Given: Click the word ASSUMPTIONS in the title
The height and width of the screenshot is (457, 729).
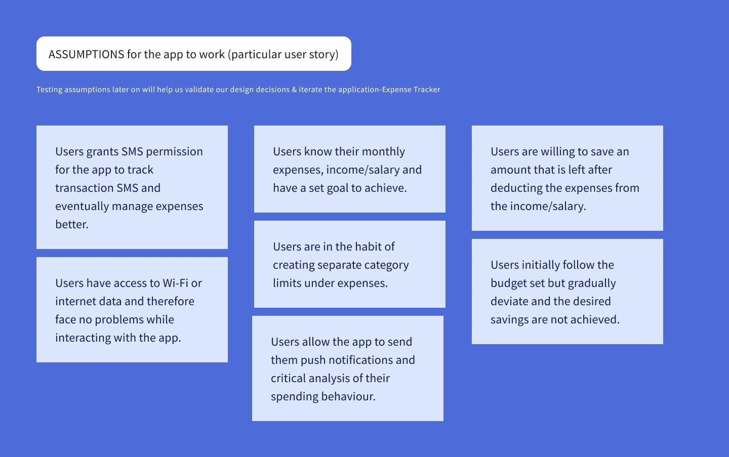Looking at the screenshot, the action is point(86,54).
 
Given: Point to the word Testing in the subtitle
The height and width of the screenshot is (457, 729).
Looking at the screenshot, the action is point(49,90).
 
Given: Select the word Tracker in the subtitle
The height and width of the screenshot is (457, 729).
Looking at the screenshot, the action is point(427,90).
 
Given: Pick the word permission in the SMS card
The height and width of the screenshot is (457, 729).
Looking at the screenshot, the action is point(175,152).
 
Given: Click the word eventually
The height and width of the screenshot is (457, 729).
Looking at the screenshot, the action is point(82,206).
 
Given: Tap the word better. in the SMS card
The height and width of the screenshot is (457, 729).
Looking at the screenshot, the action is point(72,224).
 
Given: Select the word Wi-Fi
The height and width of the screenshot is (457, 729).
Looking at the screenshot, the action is point(175,283).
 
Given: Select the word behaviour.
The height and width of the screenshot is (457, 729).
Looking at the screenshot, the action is point(348,396).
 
